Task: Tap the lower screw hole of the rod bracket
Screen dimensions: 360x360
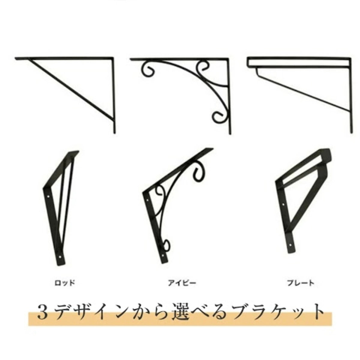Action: [x=60, y=257]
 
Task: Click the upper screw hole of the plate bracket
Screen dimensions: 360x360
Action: [x=283, y=204]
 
